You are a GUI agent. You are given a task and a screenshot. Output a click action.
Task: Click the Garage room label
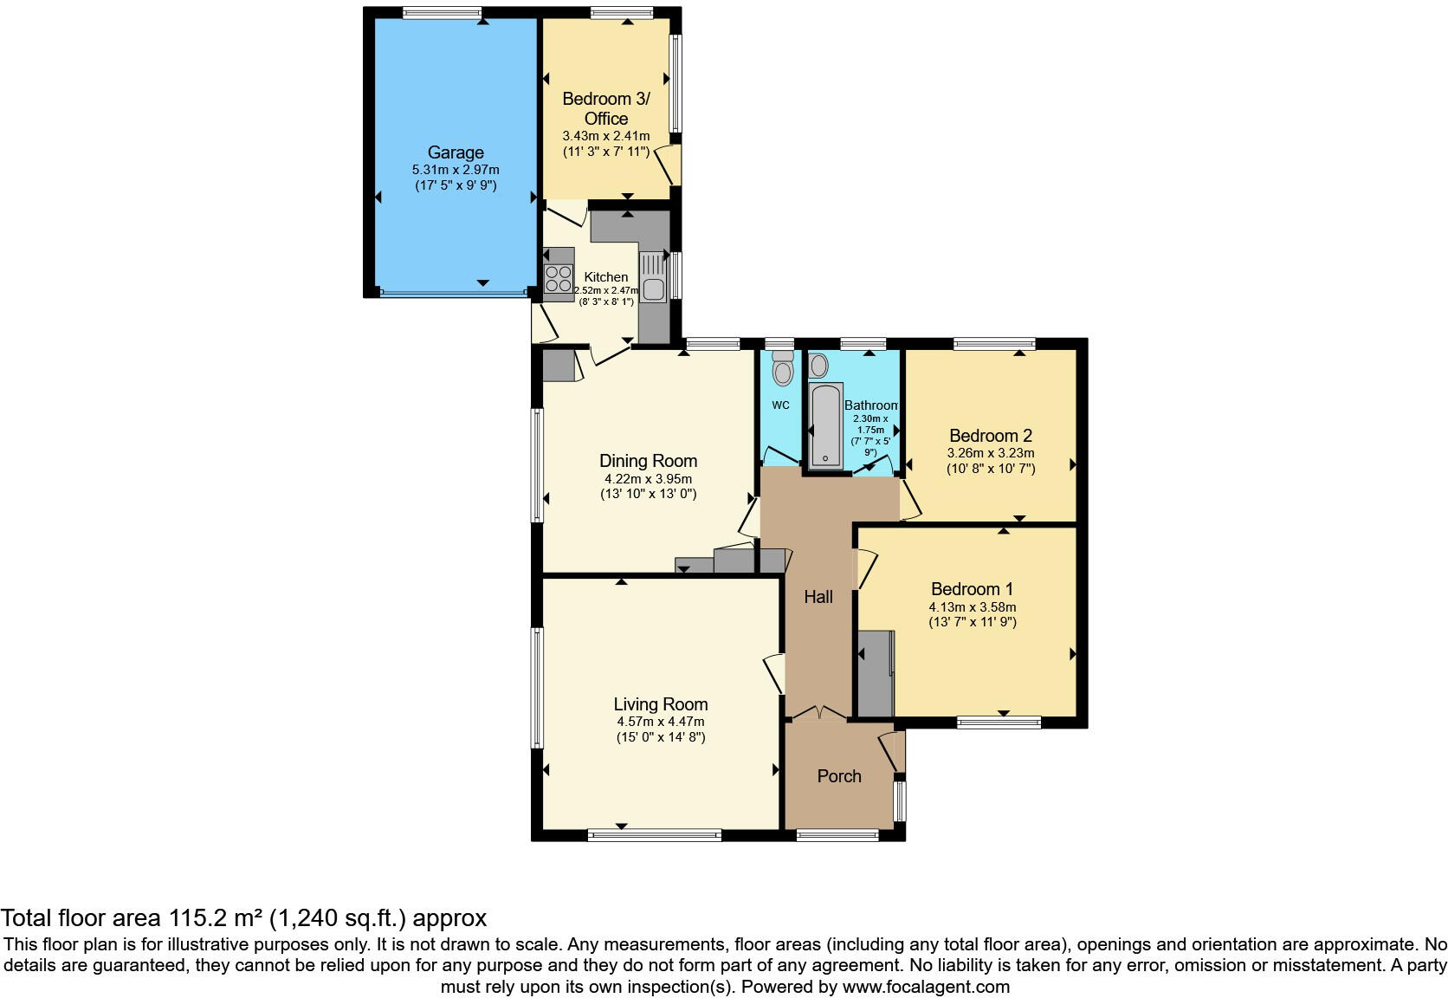(x=456, y=152)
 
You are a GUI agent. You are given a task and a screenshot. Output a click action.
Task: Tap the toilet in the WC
(x=783, y=369)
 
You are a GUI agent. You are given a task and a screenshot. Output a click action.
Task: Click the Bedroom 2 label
(x=991, y=436)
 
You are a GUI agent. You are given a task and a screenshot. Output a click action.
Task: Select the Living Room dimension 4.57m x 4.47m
(x=660, y=722)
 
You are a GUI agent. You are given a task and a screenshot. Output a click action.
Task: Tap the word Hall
(x=818, y=597)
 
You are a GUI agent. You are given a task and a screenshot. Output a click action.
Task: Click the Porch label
(x=839, y=776)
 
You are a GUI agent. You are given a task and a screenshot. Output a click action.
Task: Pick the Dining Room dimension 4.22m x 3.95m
(x=648, y=479)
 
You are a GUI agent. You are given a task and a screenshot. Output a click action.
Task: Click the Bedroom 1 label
(x=972, y=589)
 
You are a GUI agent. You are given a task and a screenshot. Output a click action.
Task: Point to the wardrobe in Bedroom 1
(x=876, y=674)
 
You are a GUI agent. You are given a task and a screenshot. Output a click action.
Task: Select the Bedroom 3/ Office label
(x=605, y=108)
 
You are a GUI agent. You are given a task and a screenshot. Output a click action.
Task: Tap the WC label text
(x=780, y=405)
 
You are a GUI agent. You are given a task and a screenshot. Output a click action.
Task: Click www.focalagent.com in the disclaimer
(x=926, y=987)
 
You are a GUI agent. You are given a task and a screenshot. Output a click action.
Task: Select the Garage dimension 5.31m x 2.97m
(x=456, y=171)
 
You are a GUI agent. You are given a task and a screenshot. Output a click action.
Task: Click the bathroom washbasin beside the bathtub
(x=818, y=366)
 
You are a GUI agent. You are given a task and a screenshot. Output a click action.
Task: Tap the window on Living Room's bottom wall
(x=655, y=835)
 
